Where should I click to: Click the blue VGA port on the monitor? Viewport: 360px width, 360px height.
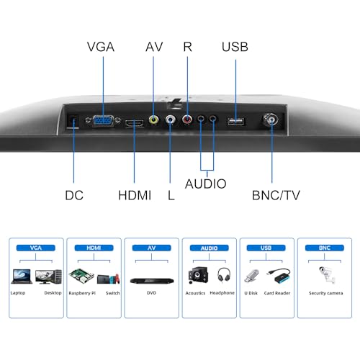point(103,120)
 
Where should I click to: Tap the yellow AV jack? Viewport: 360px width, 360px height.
point(153,120)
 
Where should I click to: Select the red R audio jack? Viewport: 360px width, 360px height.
point(187,119)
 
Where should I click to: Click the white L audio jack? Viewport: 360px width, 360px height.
point(171,120)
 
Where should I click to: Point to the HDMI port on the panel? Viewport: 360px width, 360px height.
point(135,123)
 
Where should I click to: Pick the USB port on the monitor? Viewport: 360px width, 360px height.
point(236,122)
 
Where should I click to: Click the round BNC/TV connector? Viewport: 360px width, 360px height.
point(271,120)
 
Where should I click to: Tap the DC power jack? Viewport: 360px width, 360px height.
point(73,121)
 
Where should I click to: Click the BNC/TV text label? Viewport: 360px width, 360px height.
point(276,195)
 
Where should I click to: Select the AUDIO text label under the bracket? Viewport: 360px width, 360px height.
point(206,184)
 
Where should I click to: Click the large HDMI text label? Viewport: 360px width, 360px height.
point(135,195)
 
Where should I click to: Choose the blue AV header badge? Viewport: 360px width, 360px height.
point(151,248)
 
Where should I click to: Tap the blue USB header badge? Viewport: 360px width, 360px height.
point(266,248)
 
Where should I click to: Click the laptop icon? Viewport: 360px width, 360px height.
point(22,276)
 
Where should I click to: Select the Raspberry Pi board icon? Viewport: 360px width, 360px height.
point(81,276)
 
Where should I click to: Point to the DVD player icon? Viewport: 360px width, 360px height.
point(152,280)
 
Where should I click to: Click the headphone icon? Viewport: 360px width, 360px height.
point(224,275)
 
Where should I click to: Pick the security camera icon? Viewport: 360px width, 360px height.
point(327,275)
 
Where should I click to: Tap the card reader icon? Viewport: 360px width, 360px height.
point(279,276)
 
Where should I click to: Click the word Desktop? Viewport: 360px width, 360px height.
point(53,293)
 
